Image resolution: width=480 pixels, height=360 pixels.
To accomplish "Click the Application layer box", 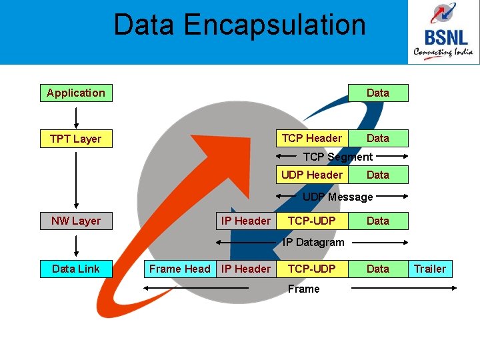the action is tap(76, 93).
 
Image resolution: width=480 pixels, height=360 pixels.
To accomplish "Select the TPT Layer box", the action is tap(76, 139).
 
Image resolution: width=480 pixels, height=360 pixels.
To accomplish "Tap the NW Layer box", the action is tap(76, 221).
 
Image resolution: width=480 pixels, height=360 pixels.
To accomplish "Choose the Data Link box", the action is tap(76, 269).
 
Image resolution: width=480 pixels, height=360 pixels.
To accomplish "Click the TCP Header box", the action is tap(312, 138).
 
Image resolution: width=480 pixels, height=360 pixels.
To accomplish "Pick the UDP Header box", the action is tap(312, 175).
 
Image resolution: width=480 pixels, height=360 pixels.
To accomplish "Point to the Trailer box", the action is tap(430, 269).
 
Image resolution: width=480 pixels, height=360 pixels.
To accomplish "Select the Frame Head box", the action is tap(179, 269).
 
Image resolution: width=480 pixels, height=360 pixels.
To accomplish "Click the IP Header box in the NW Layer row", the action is tap(246, 221).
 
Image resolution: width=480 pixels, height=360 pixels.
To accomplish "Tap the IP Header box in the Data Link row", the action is tap(246, 269).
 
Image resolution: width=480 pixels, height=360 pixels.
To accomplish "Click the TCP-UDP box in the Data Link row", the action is tap(312, 269).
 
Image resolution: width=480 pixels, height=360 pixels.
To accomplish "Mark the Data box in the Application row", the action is tap(378, 93).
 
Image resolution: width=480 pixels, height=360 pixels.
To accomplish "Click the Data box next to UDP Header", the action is tap(378, 175).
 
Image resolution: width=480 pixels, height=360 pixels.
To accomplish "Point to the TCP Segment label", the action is tap(338, 157).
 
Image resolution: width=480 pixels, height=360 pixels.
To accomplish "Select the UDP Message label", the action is tap(338, 197).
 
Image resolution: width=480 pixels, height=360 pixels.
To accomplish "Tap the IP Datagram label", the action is tap(313, 242).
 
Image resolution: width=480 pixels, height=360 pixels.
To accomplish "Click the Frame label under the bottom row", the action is tap(303, 289).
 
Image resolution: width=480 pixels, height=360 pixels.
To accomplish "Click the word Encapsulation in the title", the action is tap(275, 25).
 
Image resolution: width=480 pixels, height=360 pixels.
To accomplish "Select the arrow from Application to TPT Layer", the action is tap(76, 116).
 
